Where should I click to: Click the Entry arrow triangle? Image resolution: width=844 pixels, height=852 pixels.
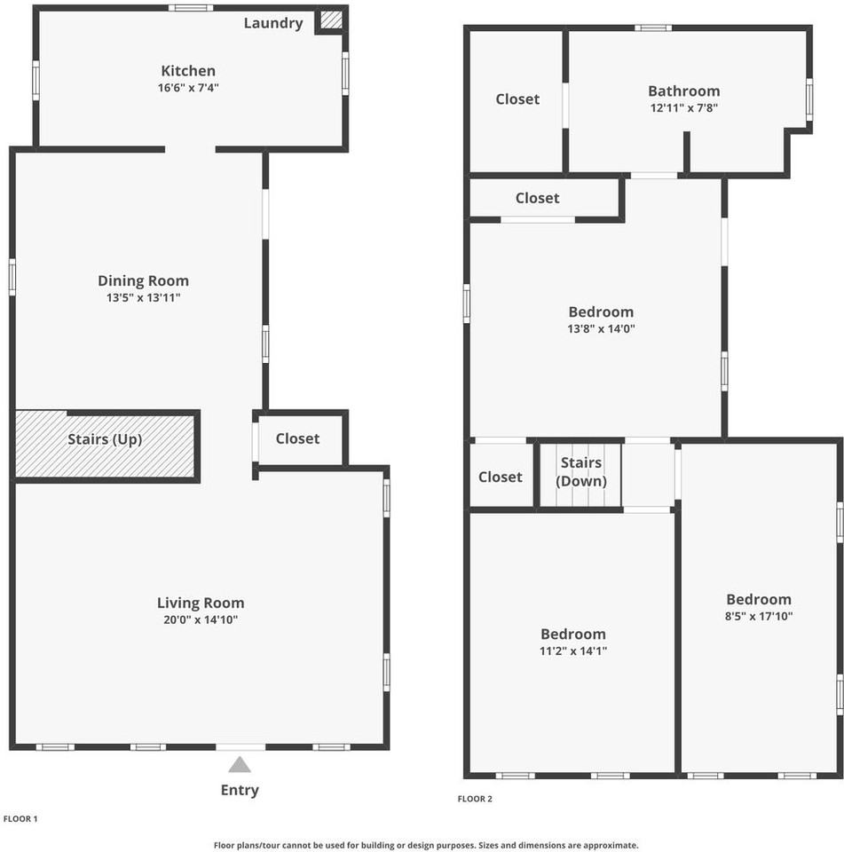(x=240, y=764)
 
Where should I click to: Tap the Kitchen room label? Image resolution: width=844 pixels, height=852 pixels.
(x=187, y=71)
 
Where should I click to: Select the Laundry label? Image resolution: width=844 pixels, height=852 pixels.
(x=273, y=23)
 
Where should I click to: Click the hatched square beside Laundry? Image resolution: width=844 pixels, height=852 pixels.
(x=331, y=20)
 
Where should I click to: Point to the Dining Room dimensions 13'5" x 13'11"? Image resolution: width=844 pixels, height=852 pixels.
(x=143, y=298)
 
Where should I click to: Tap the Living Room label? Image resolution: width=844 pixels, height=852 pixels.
(x=201, y=603)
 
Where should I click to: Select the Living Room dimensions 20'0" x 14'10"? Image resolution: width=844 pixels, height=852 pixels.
(x=201, y=619)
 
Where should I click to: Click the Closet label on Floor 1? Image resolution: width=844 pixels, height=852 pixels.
(x=297, y=438)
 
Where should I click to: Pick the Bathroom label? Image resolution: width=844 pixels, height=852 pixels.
(x=683, y=91)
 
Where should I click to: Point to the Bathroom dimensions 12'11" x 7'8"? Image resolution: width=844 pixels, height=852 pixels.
(x=683, y=107)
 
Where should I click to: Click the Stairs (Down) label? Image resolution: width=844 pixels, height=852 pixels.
(x=581, y=471)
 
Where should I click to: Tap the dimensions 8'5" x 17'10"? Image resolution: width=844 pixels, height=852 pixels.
(x=758, y=617)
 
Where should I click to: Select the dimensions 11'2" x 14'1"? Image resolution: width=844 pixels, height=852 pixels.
(x=573, y=651)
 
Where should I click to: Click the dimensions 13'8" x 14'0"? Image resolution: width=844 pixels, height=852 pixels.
(x=601, y=328)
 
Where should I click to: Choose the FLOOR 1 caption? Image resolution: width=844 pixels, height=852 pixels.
(x=21, y=818)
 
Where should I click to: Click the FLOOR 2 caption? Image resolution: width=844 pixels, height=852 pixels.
(x=475, y=799)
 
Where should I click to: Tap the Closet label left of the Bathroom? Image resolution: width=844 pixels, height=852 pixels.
(x=517, y=99)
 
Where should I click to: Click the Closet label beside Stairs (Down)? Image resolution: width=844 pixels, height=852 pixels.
(x=501, y=477)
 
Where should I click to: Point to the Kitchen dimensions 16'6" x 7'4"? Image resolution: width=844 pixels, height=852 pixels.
(x=187, y=88)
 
